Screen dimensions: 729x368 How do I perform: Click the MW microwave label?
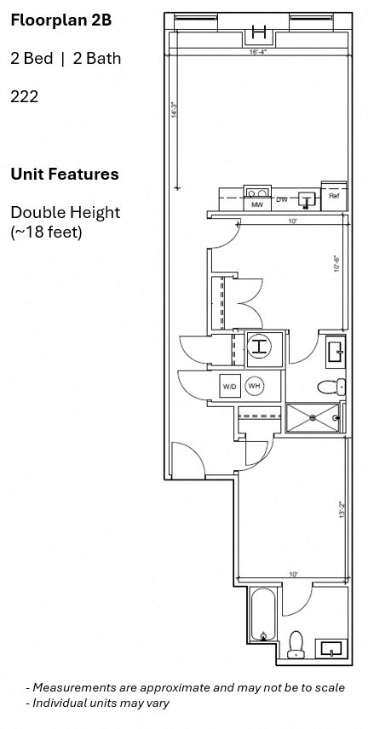[x=256, y=205]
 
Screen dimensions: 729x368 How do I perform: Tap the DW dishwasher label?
[x=281, y=199]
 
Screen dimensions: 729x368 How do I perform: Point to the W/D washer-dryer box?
[x=230, y=387]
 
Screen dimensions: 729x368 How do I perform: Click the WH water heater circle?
[x=254, y=387]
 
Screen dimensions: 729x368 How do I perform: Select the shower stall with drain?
[x=313, y=417]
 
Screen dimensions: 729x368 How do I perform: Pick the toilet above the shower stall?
[x=331, y=387]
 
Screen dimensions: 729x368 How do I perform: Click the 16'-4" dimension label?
[x=259, y=53]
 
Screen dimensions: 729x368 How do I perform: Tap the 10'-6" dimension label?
[x=337, y=264]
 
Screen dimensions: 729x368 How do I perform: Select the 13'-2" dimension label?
[x=341, y=510]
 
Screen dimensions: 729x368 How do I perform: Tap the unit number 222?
[x=24, y=97]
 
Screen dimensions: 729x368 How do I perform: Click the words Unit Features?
[x=64, y=175]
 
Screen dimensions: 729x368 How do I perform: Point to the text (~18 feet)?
[x=46, y=231]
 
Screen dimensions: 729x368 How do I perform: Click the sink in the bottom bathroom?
[x=330, y=649]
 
